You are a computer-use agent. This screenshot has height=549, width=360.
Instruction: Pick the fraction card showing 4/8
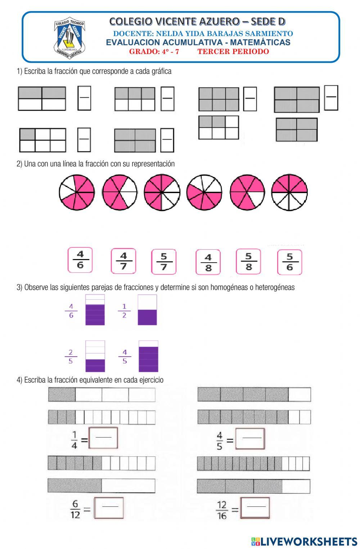[208, 262]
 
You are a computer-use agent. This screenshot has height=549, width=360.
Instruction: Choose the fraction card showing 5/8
[248, 262]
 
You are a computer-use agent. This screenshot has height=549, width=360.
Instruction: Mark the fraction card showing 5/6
[289, 262]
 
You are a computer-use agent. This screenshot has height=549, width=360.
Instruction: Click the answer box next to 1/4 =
[103, 438]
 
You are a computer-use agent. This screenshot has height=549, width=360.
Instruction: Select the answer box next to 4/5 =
[250, 438]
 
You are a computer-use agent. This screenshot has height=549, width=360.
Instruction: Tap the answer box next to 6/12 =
[108, 508]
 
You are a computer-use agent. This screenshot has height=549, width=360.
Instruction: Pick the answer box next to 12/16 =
[255, 508]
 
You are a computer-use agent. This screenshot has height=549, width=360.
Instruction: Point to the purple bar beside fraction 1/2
[147, 310]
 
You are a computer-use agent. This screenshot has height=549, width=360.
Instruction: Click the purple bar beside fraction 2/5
[95, 356]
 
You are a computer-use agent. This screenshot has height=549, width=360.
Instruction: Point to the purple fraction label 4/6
[71, 311]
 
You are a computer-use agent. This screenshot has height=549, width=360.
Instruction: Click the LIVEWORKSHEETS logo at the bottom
[304, 541]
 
